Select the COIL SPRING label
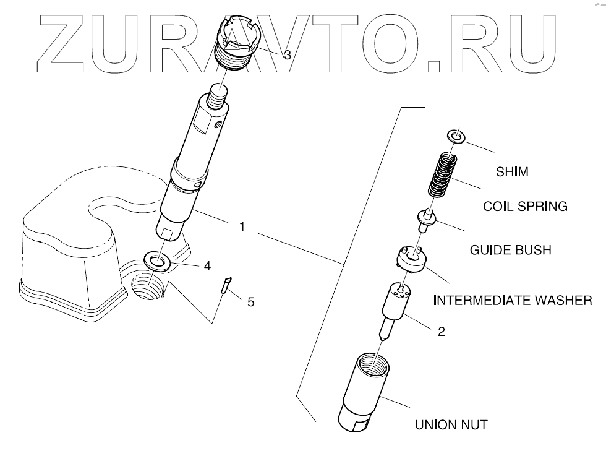pyautogui.click(x=525, y=207)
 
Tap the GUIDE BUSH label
pyautogui.click(x=510, y=251)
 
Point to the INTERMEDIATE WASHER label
pyautogui.click(x=513, y=301)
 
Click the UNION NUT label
pyautogui.click(x=450, y=425)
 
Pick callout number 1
pyautogui.click(x=242, y=227)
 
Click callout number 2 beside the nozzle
pyautogui.click(x=441, y=332)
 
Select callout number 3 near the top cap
pyautogui.click(x=288, y=55)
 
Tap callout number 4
pyautogui.click(x=207, y=265)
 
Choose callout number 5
pyautogui.click(x=250, y=302)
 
